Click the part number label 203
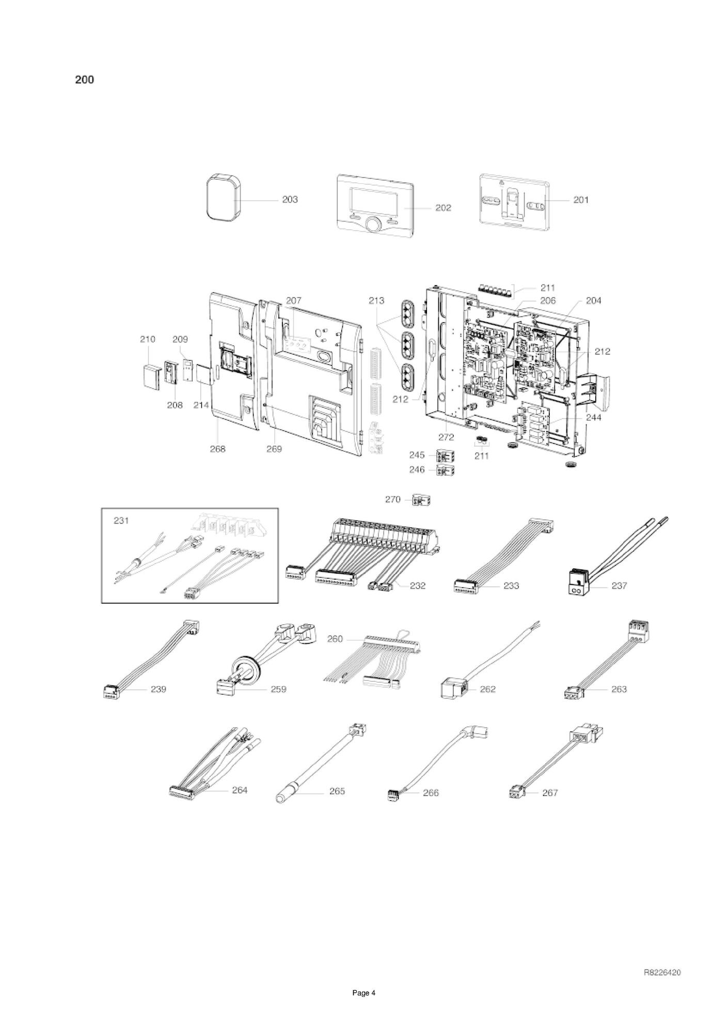[x=290, y=200]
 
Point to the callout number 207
[x=293, y=300]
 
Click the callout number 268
[x=217, y=449]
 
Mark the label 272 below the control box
[x=446, y=437]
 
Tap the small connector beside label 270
[x=421, y=500]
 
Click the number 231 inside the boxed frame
[x=121, y=521]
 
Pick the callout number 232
[x=417, y=586]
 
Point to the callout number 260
[x=335, y=639]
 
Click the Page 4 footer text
[x=364, y=1007]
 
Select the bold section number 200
[x=85, y=80]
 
